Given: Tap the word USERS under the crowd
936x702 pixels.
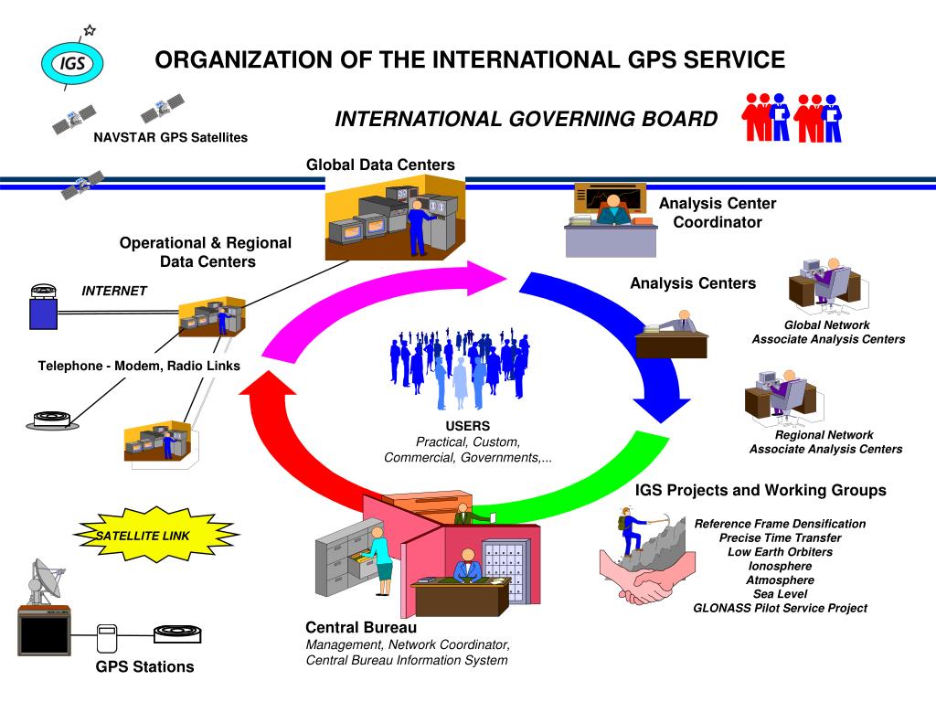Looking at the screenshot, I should (467, 426).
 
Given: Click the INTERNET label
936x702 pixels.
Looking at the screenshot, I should (114, 291).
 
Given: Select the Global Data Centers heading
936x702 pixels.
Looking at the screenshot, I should (380, 165).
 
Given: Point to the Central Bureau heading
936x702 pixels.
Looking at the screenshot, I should (361, 628).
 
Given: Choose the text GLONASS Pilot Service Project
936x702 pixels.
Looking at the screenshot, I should (780, 608).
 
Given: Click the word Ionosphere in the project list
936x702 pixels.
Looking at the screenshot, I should (780, 566).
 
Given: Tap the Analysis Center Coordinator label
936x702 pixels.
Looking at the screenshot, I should (718, 213).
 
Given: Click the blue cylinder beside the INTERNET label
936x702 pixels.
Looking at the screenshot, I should (43, 309).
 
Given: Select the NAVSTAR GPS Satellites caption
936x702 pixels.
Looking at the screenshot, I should (170, 137).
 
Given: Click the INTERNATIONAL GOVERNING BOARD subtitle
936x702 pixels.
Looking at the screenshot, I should (526, 120).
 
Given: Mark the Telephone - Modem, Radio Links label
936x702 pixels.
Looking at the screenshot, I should (139, 366).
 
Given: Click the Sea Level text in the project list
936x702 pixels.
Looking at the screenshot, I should (780, 594).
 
